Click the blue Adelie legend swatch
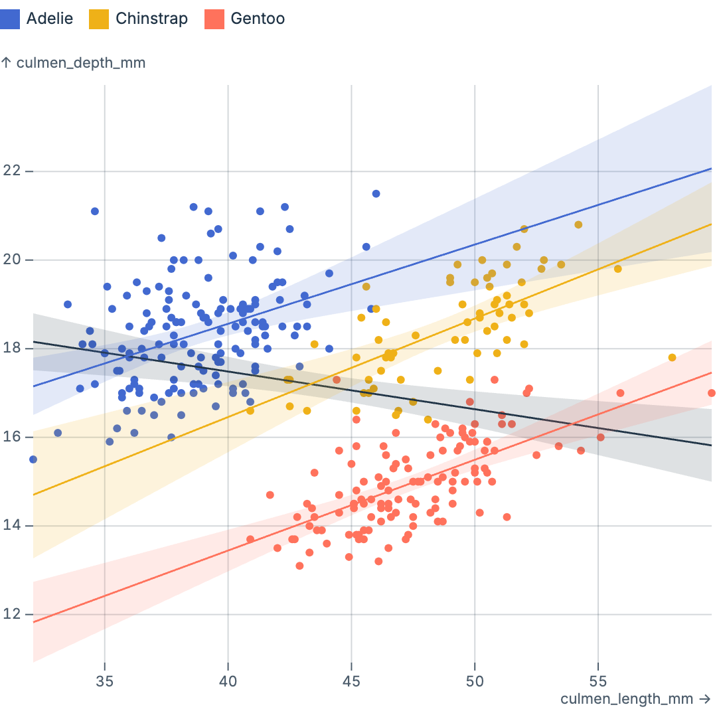click(x=11, y=19)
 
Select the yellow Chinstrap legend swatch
click(x=99, y=19)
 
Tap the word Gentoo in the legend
click(x=258, y=19)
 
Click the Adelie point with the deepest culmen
click(x=376, y=194)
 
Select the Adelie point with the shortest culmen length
click(x=33, y=459)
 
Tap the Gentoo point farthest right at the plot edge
click(x=712, y=393)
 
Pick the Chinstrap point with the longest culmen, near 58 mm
click(x=672, y=357)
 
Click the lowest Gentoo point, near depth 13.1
click(x=299, y=566)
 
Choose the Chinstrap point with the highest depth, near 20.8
click(x=578, y=224)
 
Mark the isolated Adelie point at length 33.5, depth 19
click(x=68, y=304)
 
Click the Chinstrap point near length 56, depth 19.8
click(x=617, y=269)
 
